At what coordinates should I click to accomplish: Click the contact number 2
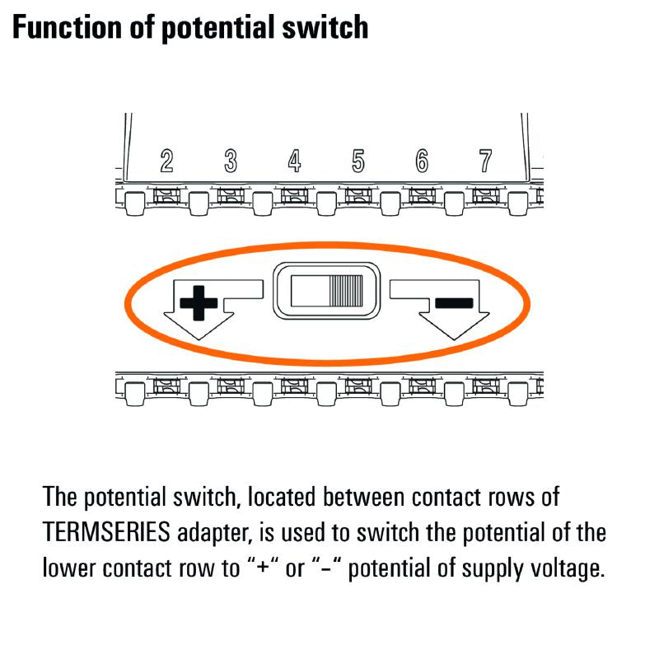click(166, 161)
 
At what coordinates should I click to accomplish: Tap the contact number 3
click(231, 161)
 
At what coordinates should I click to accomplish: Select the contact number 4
click(294, 161)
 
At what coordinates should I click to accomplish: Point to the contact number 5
click(358, 161)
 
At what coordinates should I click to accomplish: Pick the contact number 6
click(422, 161)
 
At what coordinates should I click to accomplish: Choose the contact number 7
click(485, 161)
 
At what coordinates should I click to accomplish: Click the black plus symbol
click(199, 303)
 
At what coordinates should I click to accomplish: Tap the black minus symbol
click(454, 302)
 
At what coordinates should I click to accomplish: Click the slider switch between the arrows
click(327, 290)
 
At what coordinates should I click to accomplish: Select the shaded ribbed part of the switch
click(346, 290)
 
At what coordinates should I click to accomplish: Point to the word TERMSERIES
click(105, 532)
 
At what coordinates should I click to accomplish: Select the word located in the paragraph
click(281, 498)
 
